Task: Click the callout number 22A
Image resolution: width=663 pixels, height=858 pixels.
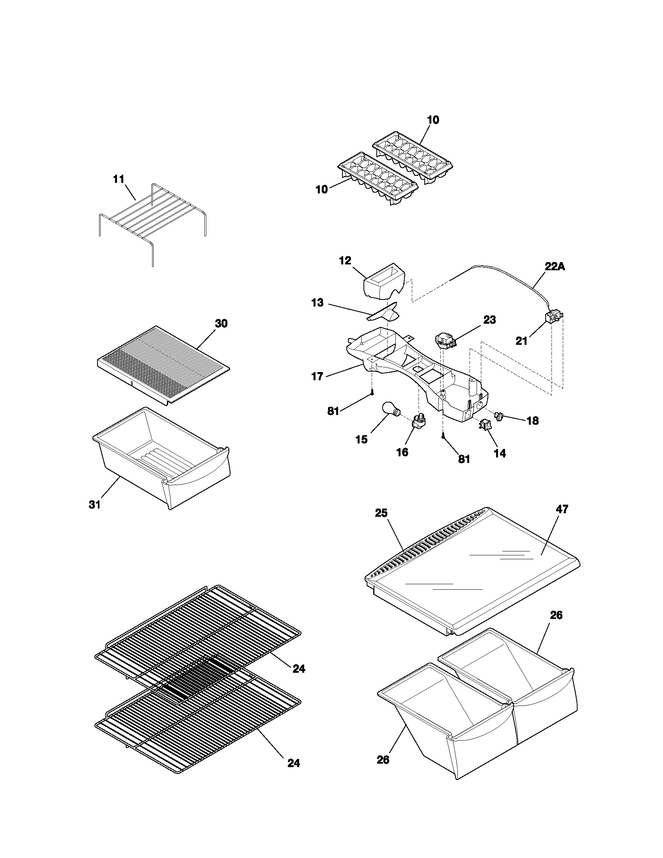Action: point(555,266)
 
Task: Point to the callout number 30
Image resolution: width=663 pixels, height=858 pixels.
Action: point(221,323)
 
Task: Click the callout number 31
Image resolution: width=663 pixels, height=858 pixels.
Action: point(95,505)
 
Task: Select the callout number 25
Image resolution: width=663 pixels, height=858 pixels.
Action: point(381,513)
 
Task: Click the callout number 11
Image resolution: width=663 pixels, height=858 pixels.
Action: point(119,179)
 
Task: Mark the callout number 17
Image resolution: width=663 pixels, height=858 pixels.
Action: point(317,376)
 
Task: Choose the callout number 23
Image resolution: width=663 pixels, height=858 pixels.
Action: point(489,320)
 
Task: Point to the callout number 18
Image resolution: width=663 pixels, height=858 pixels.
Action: point(533,421)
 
